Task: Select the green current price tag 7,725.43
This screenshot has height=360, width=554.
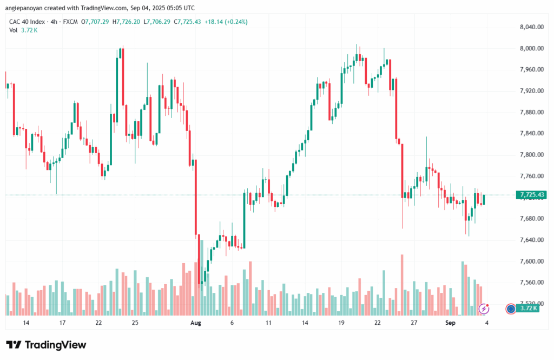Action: [531, 195]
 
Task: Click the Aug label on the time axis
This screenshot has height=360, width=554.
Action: [196, 323]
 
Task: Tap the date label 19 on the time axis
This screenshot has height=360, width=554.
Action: [341, 323]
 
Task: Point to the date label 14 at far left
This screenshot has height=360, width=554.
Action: [26, 323]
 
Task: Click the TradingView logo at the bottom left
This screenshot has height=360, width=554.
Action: [46, 345]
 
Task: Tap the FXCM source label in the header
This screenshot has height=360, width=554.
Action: [70, 21]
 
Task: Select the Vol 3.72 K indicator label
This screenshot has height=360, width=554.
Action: [23, 30]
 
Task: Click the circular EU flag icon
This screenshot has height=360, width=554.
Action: [510, 309]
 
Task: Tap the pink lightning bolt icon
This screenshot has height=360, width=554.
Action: [485, 309]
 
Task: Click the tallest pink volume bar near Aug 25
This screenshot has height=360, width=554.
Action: [402, 285]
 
